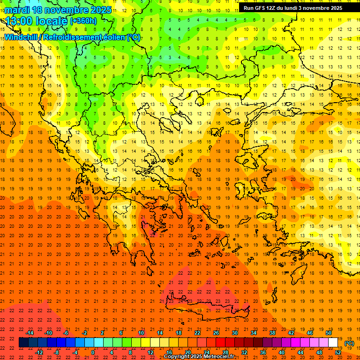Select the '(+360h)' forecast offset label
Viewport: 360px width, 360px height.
(83, 21)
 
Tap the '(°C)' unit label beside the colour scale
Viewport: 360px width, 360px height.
(349, 343)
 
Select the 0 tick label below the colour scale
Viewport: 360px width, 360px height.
(93, 352)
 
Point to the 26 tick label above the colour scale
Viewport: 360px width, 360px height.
(216, 333)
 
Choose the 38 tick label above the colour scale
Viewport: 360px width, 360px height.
(272, 333)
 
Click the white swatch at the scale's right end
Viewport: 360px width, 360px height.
(333, 343)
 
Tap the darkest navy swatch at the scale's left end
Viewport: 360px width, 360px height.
(23, 343)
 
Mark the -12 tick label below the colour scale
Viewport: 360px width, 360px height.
(39, 352)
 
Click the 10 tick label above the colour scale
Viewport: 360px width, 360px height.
(141, 333)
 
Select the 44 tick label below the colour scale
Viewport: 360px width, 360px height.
(300, 352)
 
